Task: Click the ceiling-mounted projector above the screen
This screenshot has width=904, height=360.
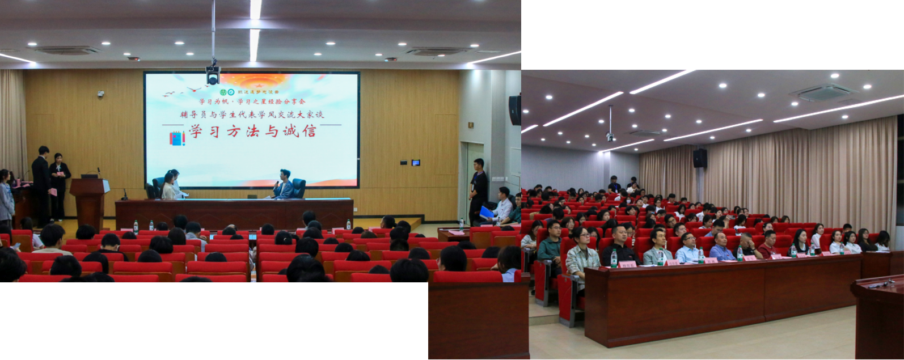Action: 213,74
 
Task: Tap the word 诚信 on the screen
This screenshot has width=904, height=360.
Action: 301,132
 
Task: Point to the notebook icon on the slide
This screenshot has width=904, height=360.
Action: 177,138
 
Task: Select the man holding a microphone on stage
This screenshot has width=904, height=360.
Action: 283,184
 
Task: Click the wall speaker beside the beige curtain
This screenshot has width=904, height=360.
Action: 700,158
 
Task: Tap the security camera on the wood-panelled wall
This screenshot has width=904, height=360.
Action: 100,94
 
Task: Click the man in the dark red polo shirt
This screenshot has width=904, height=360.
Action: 768,245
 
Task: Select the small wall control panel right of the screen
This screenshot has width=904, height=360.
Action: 416,163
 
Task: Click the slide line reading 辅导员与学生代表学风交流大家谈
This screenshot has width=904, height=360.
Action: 252,115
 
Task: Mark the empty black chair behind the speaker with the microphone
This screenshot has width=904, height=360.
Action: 298,188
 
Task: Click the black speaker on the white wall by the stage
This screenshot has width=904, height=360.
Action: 515,110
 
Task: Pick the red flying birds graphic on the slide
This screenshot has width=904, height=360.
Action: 183,92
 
